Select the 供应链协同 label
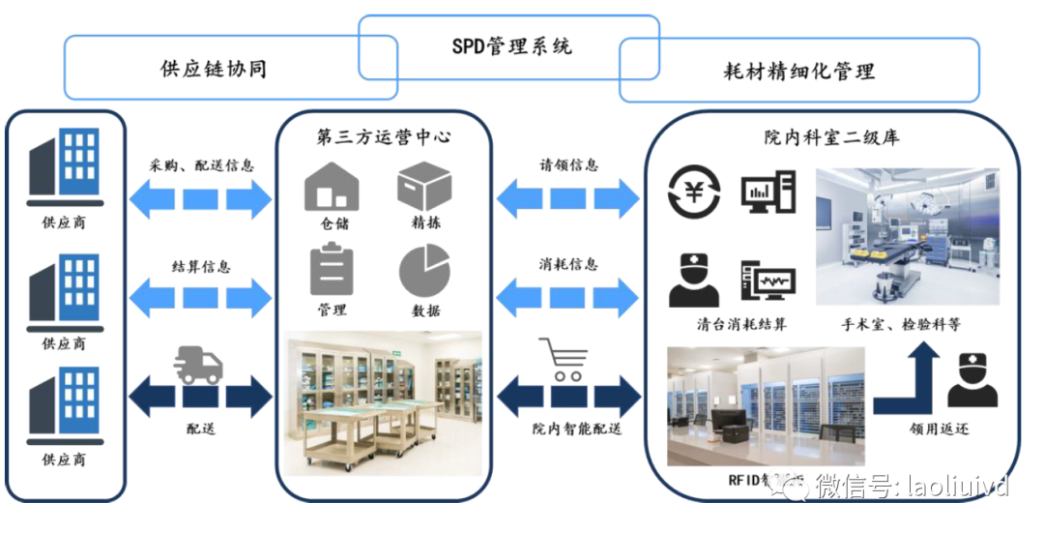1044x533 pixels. [x=213, y=69]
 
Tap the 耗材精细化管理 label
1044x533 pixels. [x=798, y=71]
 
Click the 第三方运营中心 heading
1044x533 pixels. [x=384, y=137]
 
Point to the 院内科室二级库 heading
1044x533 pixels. [x=831, y=137]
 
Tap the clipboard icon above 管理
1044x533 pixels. [x=331, y=270]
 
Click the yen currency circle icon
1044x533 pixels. [x=694, y=191]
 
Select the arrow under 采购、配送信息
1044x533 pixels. [x=200, y=199]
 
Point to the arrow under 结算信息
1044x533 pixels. [x=200, y=294]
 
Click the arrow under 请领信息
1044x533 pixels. [x=567, y=199]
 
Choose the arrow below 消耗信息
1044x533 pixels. [x=567, y=294]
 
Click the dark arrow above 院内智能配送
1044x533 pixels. [x=567, y=398]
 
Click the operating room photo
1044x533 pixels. [x=907, y=237]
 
